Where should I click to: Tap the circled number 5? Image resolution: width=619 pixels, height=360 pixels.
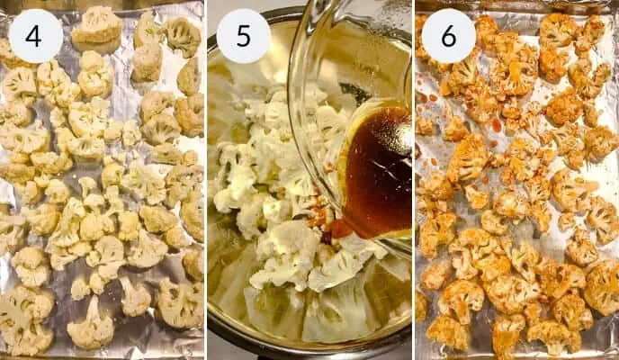coord(243,36)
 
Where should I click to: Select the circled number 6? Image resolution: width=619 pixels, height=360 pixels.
coord(448,36)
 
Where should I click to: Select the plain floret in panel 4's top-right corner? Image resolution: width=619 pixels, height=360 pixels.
coord(183,36)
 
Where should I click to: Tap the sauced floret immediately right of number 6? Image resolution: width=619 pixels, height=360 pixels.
coord(490,31)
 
